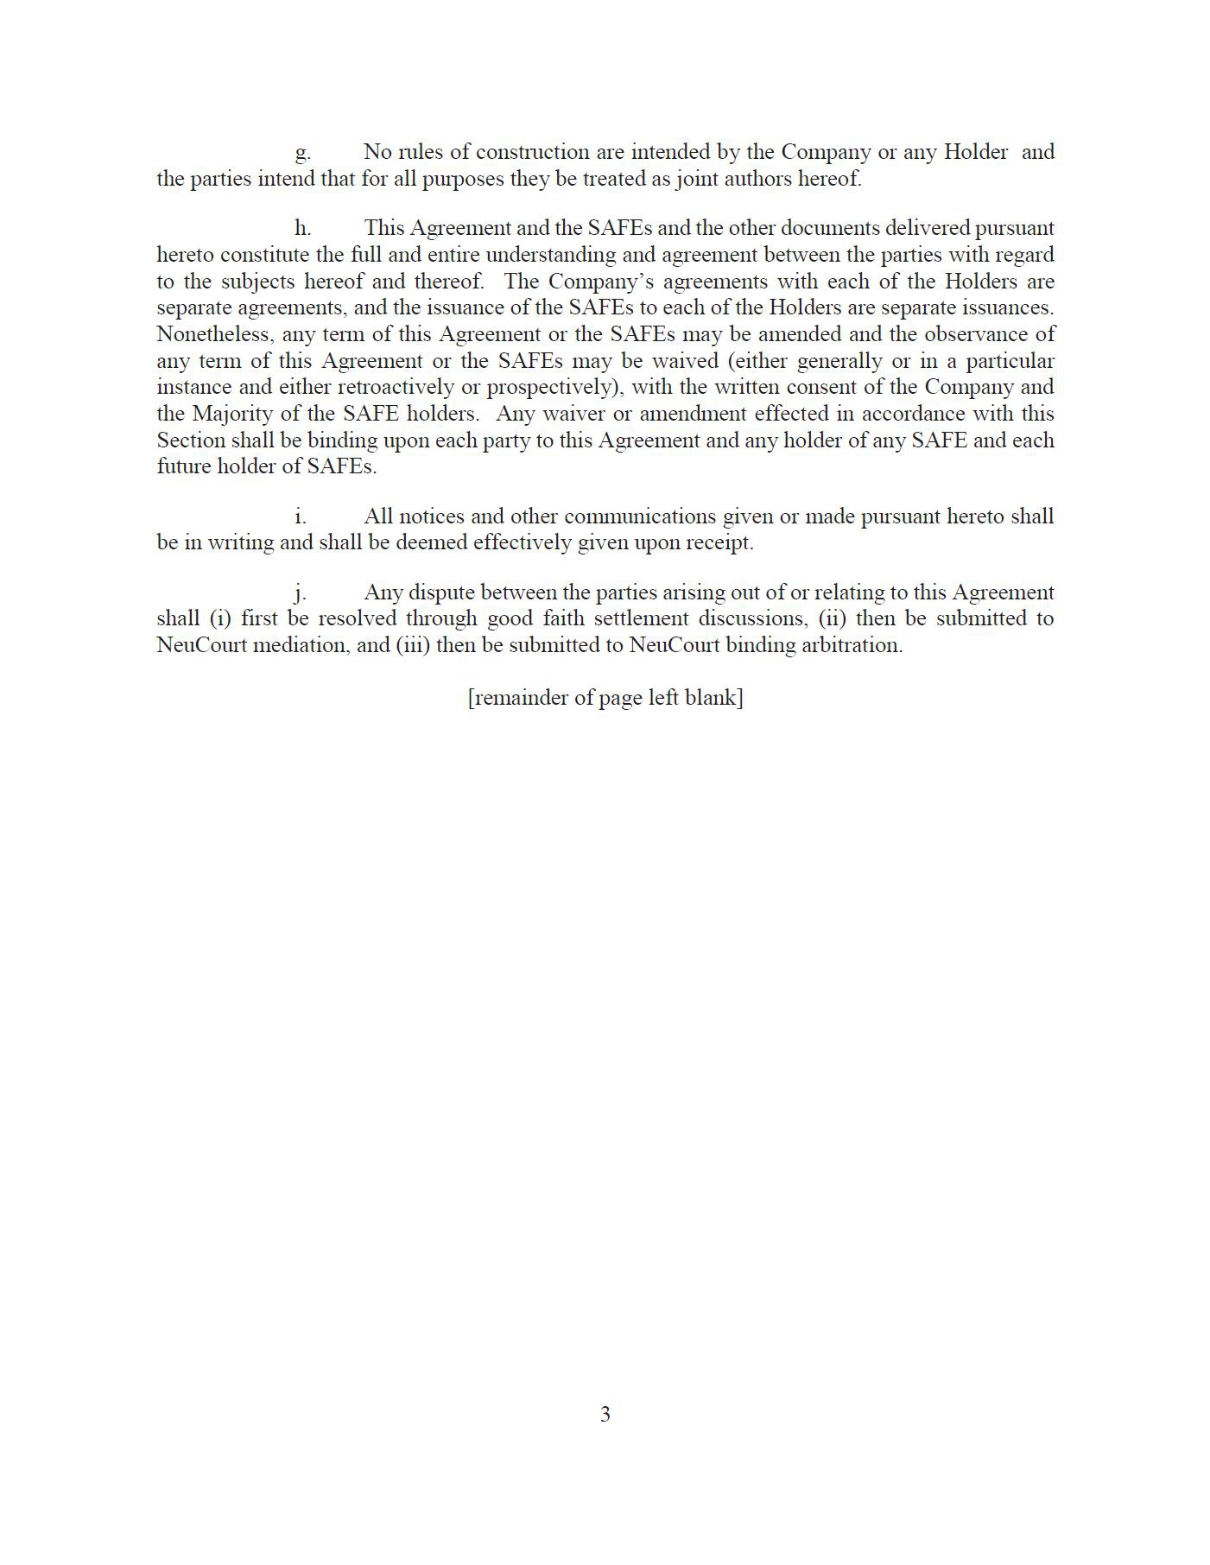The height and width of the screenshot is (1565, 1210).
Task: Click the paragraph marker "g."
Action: coord(302,153)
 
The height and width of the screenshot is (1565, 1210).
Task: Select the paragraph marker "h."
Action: coord(302,228)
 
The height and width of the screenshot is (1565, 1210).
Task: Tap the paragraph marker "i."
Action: coord(301,516)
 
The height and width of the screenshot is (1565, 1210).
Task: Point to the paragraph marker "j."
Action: coord(301,593)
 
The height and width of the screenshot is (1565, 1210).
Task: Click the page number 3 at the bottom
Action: coord(605,1414)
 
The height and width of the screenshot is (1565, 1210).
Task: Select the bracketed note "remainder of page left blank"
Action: coord(605,698)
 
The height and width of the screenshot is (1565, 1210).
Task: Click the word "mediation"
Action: coord(298,645)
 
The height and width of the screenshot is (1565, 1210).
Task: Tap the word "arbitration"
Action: coord(852,645)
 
